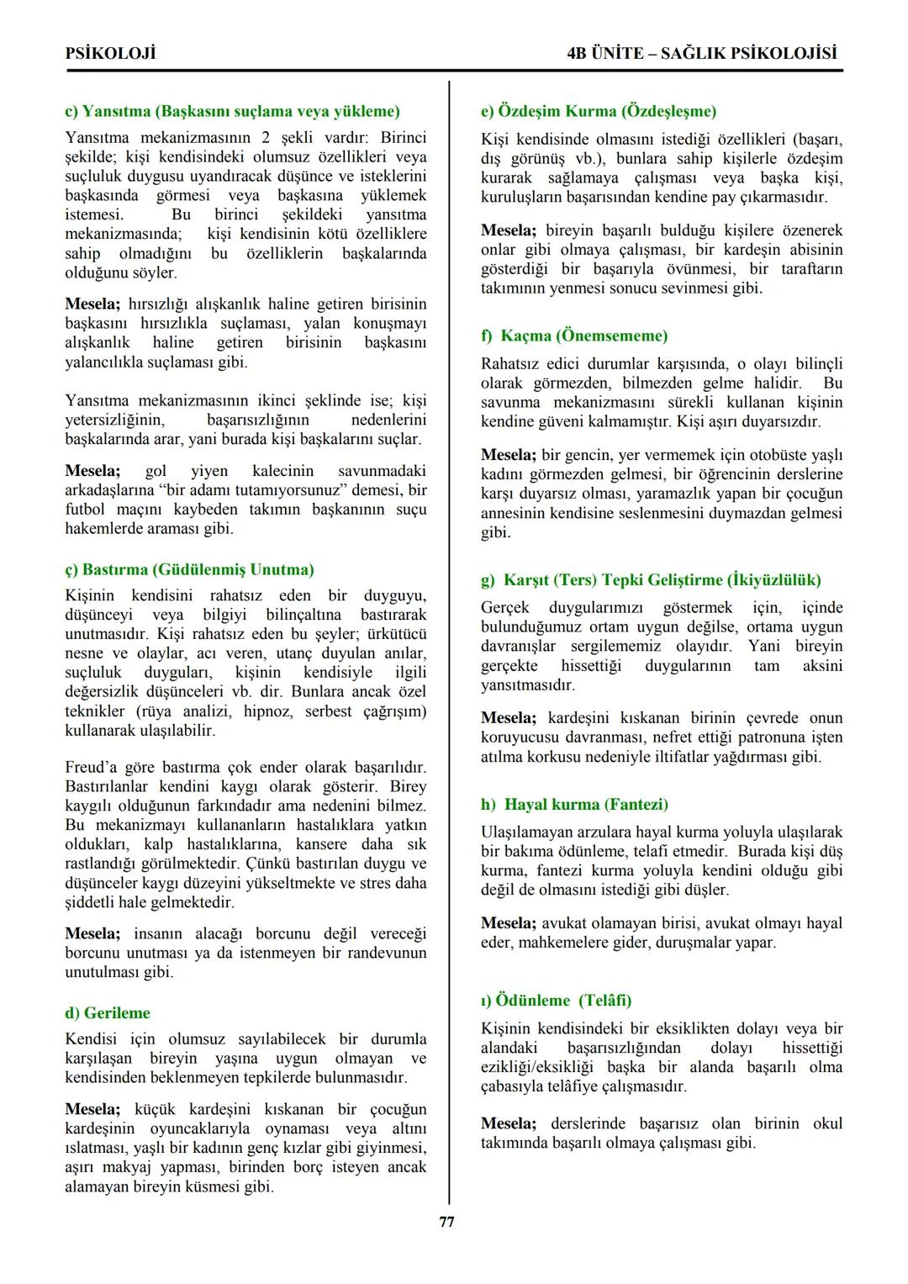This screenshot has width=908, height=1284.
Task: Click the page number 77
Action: point(447,1222)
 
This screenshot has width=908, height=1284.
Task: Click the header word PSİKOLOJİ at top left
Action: point(110,54)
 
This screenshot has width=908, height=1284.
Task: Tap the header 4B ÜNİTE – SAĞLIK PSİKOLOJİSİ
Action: point(702,54)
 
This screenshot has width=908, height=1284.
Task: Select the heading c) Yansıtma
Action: point(232,111)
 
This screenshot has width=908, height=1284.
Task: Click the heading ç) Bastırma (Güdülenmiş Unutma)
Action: point(189,569)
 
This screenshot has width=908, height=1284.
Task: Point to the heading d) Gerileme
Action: point(108,1012)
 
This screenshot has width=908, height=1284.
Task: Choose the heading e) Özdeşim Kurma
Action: point(599,111)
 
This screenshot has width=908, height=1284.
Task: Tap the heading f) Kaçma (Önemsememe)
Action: point(574,336)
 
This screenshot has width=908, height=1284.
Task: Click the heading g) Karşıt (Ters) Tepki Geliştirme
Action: point(651,579)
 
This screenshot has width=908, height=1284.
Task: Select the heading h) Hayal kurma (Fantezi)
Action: point(574,804)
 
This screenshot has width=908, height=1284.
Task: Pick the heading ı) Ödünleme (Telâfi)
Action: point(556,1000)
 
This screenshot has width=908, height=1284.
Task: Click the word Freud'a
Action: point(92,767)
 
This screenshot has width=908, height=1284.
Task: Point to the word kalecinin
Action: point(282,471)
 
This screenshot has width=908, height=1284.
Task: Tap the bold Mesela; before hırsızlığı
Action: point(93,304)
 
